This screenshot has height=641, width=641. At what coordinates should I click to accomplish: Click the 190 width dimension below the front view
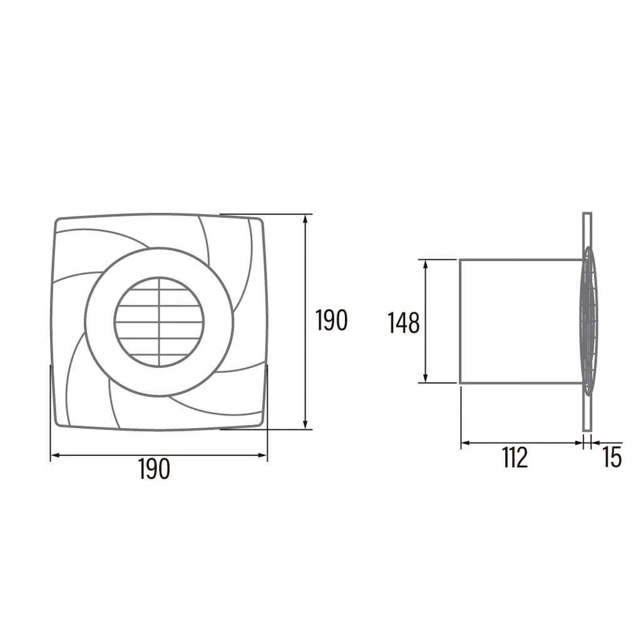(x=154, y=469)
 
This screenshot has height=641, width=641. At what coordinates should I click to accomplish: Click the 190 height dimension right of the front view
(x=331, y=320)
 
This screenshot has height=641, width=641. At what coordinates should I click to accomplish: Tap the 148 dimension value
(x=404, y=324)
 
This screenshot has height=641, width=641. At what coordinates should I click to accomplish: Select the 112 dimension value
(x=515, y=458)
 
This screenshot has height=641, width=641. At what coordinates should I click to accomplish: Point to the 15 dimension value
(x=612, y=458)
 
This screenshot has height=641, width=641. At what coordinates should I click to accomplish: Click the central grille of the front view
(x=159, y=322)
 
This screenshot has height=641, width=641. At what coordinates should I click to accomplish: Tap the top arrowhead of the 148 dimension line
(x=426, y=264)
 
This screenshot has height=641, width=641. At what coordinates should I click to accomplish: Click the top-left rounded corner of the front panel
(x=59, y=222)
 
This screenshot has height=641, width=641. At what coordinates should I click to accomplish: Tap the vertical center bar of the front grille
(x=159, y=322)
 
